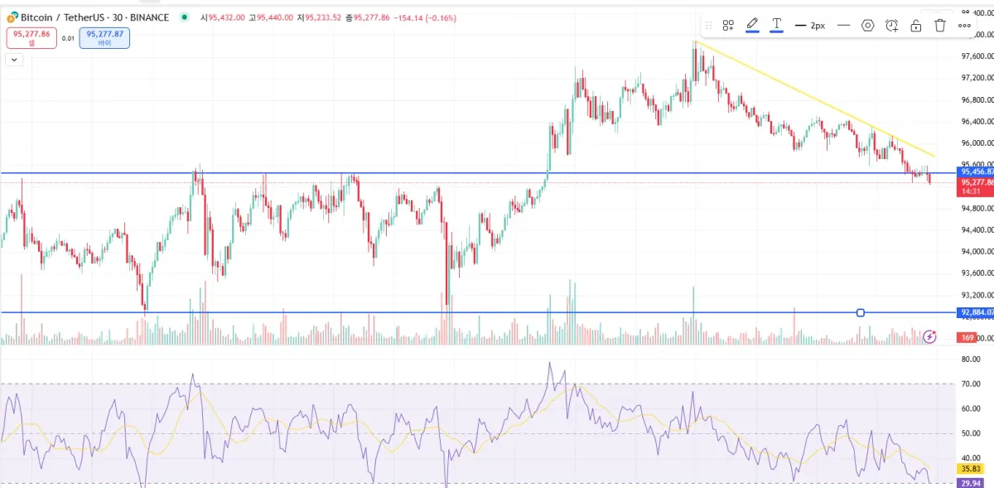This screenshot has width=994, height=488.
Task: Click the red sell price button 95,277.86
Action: click(x=31, y=37)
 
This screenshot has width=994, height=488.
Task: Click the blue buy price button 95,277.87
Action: click(x=104, y=37)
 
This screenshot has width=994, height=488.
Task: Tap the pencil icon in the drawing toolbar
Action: click(x=752, y=25)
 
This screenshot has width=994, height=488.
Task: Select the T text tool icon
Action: click(x=776, y=25)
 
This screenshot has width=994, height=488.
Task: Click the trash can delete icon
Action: click(x=940, y=26)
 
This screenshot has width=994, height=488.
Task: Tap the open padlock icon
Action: click(x=915, y=26)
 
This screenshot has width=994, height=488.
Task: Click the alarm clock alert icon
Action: click(x=891, y=26)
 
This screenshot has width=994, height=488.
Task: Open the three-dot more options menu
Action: click(x=964, y=26)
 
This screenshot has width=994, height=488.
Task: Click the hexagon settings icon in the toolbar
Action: click(x=867, y=26)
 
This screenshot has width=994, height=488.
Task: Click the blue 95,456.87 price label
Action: click(x=974, y=172)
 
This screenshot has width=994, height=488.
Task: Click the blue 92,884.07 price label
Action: click(x=974, y=312)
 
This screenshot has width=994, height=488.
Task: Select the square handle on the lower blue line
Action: click(x=861, y=312)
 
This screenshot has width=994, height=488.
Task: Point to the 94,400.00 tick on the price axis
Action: click(x=974, y=230)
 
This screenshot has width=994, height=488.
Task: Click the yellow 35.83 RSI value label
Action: click(x=969, y=468)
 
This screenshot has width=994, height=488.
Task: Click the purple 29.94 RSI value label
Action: click(x=969, y=482)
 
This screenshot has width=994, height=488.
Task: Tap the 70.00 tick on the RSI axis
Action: click(x=971, y=384)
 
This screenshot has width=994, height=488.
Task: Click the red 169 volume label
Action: click(x=966, y=337)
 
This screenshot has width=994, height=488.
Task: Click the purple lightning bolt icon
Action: click(x=929, y=336)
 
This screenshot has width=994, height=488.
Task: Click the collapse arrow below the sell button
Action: click(x=14, y=60)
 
